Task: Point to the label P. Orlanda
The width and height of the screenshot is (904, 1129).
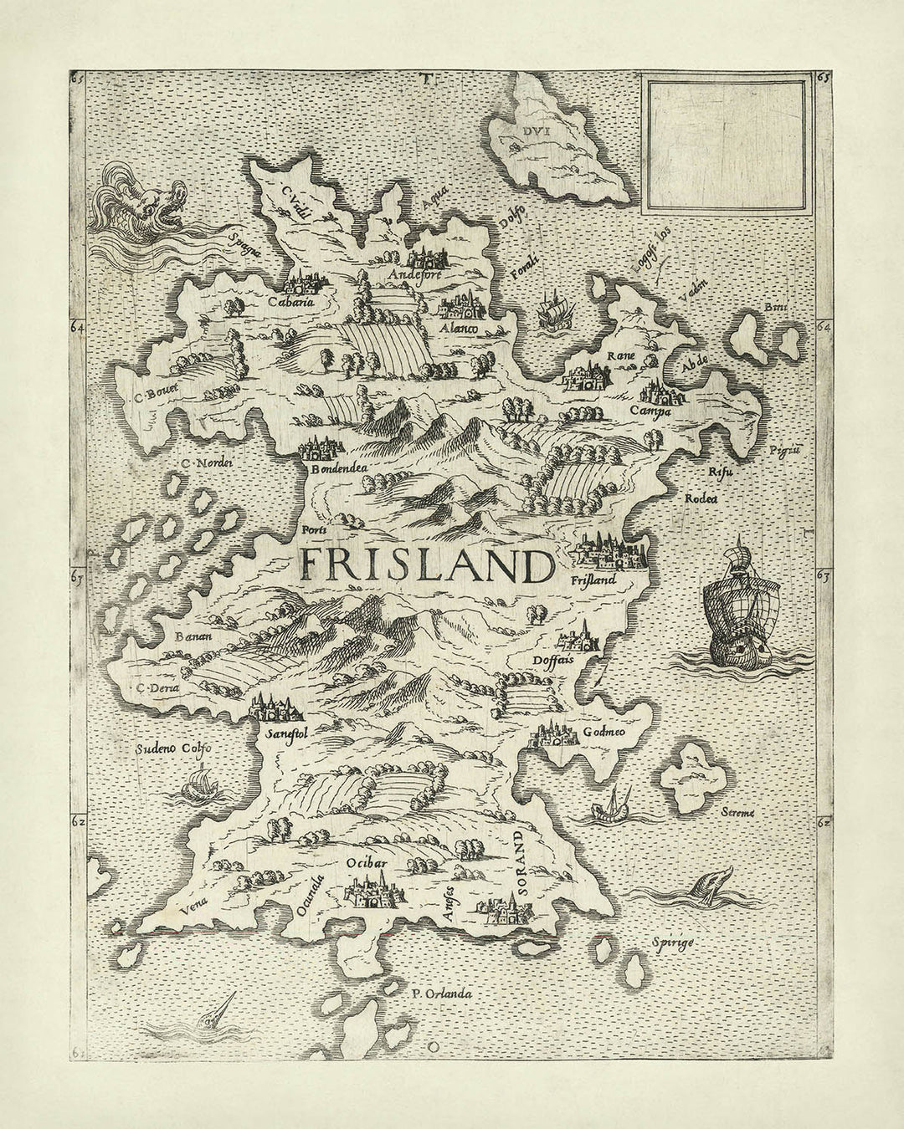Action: coord(443,994)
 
